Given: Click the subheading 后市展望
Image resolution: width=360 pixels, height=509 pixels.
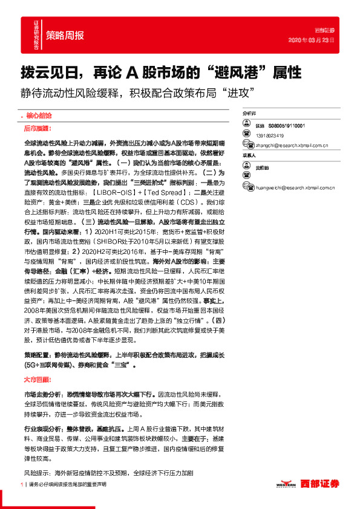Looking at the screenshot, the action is click(x=38, y=129).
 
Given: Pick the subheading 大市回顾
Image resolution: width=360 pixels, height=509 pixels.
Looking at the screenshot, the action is click(x=38, y=381).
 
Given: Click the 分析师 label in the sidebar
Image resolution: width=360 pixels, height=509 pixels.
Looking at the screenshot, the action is click(x=249, y=113).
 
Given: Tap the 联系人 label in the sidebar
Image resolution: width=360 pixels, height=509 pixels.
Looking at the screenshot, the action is click(x=249, y=155).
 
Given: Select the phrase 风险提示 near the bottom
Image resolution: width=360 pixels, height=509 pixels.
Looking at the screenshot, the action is click(x=36, y=473).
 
